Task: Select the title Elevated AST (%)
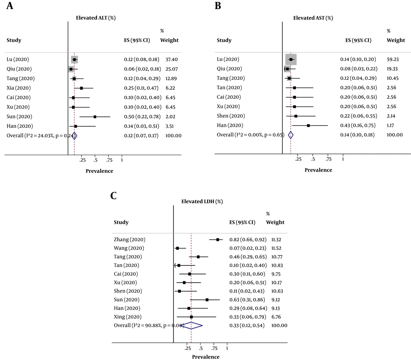pyautogui.click(x=313, y=18)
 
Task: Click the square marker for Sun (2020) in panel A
pyautogui.click(x=95, y=116)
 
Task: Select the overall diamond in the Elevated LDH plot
pyautogui.click(x=192, y=325)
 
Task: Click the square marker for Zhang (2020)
pyautogui.click(x=218, y=239)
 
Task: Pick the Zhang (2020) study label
pyautogui.click(x=129, y=239)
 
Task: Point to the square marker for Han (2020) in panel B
pyautogui.click(x=308, y=125)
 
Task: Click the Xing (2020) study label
pyautogui.click(x=127, y=317)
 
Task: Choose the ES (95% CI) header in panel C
pyautogui.click(x=242, y=222)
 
